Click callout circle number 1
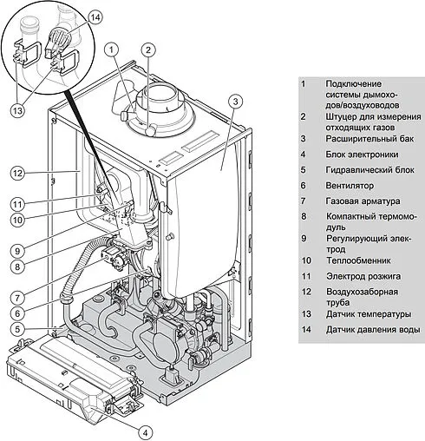tap(112, 49)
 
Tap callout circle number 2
tap(148, 49)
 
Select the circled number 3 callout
tap(235, 102)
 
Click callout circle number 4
tap(146, 433)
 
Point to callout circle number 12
tap(17, 174)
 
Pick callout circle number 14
tap(95, 17)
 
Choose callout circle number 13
tap(17, 110)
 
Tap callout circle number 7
tap(17, 298)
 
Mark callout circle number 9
tap(17, 251)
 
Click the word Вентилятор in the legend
tap(350, 186)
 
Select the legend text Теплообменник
tap(358, 260)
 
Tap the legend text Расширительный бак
tap(369, 139)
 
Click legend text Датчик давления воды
tap(373, 330)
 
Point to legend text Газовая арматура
tap(363, 201)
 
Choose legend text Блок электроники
tap(362, 155)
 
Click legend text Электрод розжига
tap(363, 276)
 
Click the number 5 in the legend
tap(303, 170)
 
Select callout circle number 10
tap(17, 220)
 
